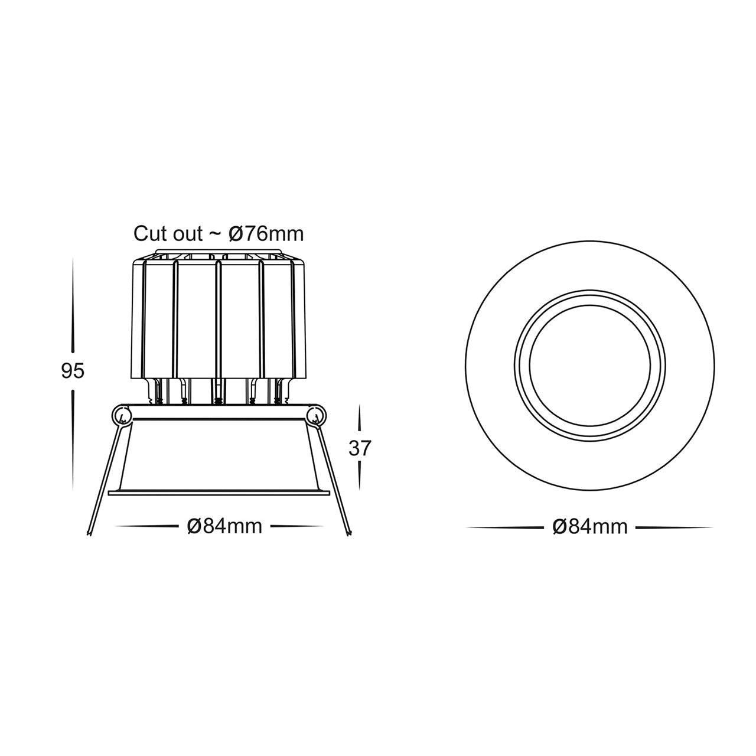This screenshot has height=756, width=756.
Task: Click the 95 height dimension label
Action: [x=73, y=371]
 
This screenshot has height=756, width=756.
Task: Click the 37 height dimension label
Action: [x=359, y=449]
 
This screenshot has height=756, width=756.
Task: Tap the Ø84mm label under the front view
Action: [x=590, y=527]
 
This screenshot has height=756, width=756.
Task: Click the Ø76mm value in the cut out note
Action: [x=265, y=234]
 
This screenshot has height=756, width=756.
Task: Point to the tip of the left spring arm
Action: [x=89, y=533]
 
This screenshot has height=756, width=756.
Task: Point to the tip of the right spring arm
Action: [x=350, y=533]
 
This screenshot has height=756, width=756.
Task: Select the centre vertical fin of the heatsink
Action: [x=219, y=319]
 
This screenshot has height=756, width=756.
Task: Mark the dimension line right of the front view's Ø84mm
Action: [x=673, y=527]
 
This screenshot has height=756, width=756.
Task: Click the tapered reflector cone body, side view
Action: [x=219, y=455]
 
